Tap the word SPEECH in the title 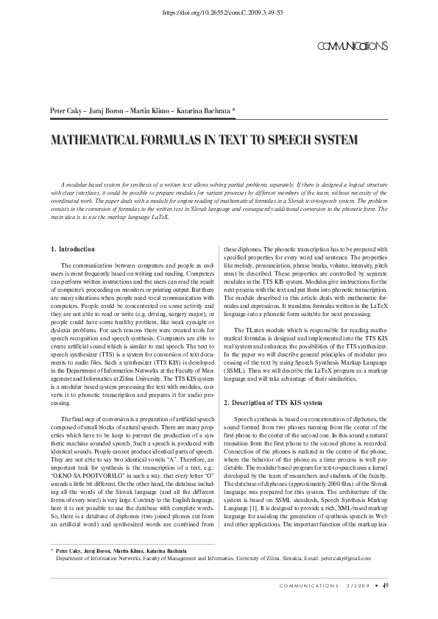pyautogui.click(x=297, y=139)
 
